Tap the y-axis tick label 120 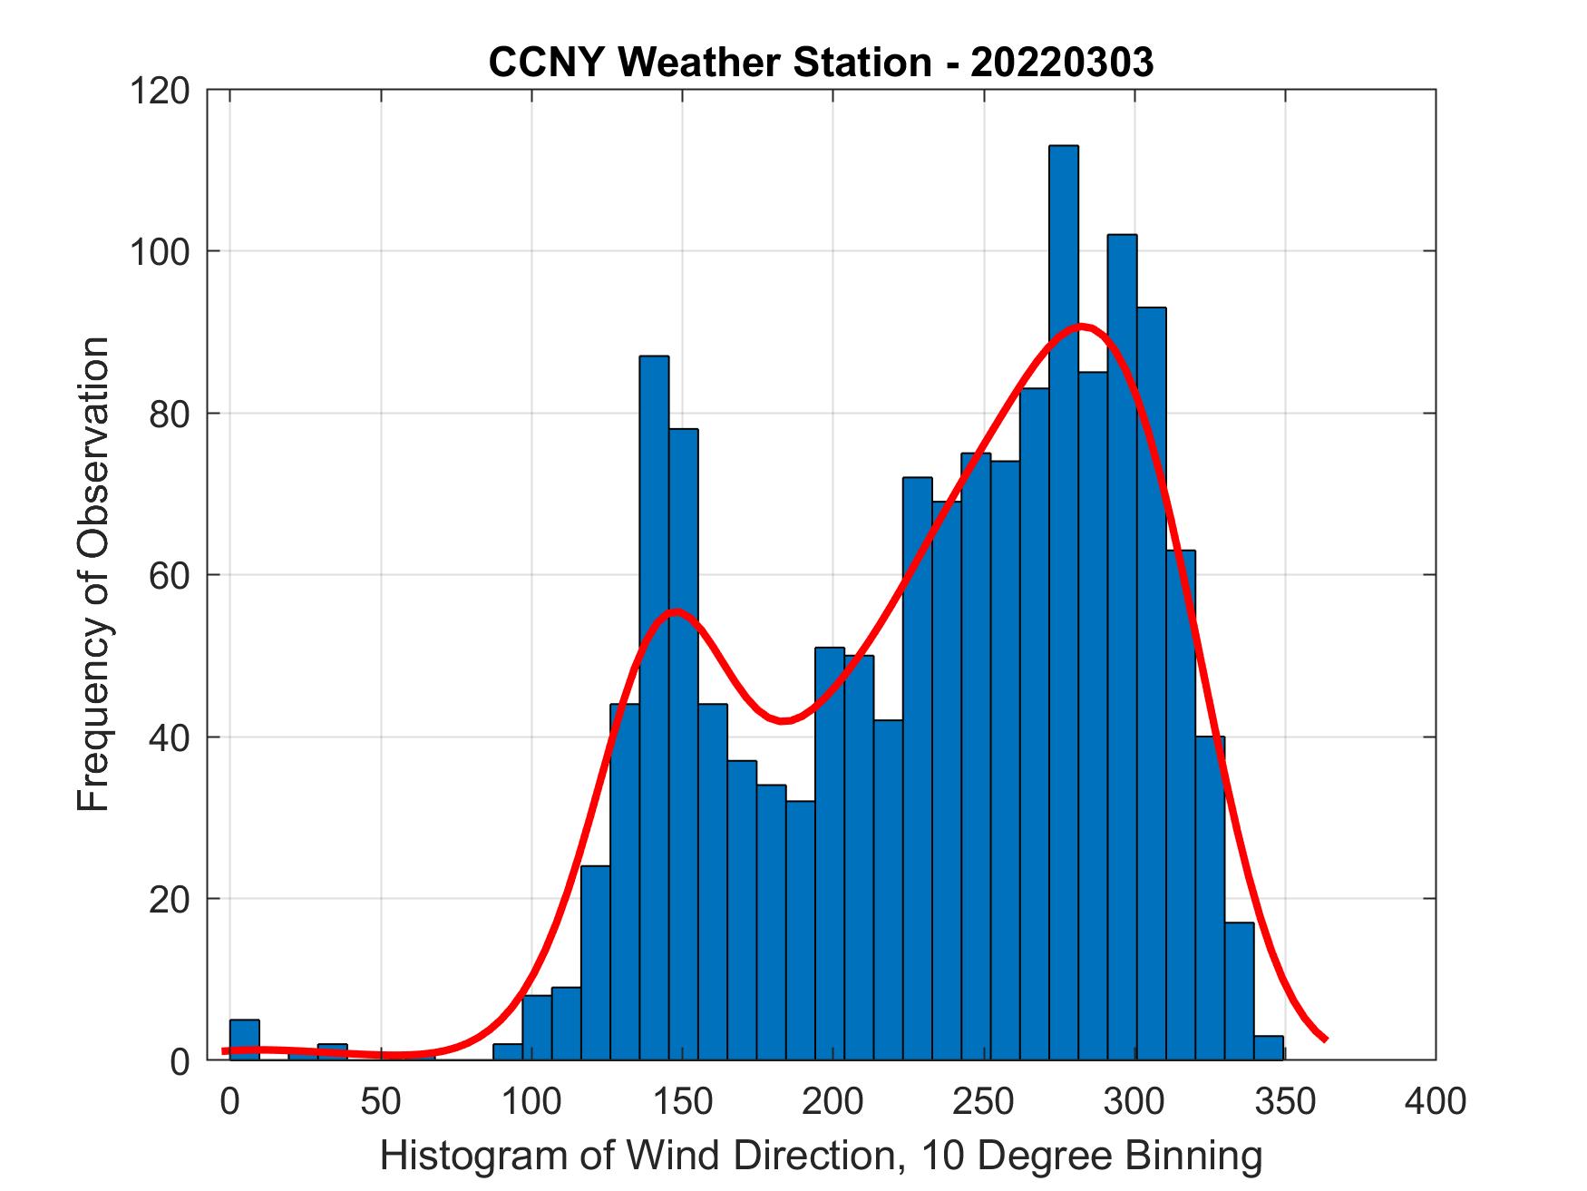pyautogui.click(x=160, y=91)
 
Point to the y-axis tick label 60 pyautogui.click(x=170, y=575)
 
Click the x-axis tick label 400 pyautogui.click(x=1435, y=1101)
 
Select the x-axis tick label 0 pyautogui.click(x=230, y=1101)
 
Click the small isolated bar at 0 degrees pyautogui.click(x=245, y=1040)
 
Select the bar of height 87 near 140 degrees pyautogui.click(x=654, y=708)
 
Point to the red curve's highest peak pyautogui.click(x=1081, y=326)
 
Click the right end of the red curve pyautogui.click(x=1325, y=1039)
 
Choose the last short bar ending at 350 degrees pyautogui.click(x=1269, y=1048)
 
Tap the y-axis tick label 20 pyautogui.click(x=170, y=899)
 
